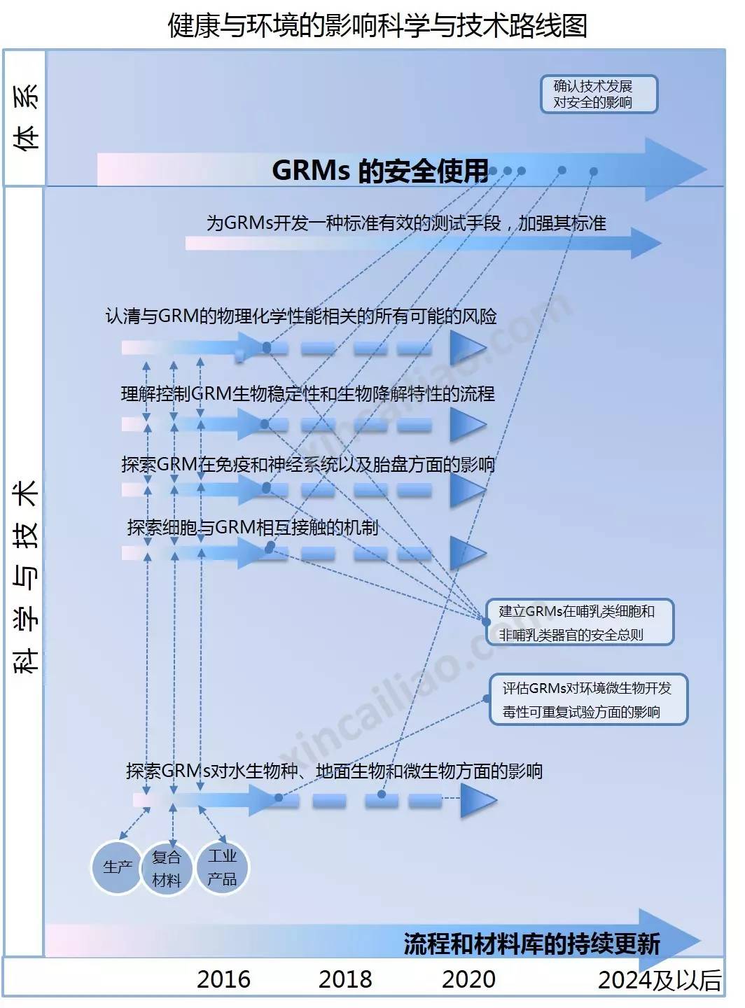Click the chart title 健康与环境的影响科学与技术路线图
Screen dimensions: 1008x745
pos(377,25)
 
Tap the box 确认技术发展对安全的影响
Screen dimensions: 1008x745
pos(598,94)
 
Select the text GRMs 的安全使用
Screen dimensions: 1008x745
pos(380,170)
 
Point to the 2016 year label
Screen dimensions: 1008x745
pos(223,979)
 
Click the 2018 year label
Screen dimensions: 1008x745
pos(344,979)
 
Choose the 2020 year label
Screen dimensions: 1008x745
pos(468,979)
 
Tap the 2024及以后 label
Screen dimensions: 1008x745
pos(659,980)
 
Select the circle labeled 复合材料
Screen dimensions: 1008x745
pos(167,869)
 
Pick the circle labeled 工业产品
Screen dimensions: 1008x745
pos(222,867)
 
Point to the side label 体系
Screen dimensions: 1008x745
pos(25,117)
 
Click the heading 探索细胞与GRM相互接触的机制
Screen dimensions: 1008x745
pos(252,527)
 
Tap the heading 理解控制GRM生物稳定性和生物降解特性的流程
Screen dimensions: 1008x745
pos(307,393)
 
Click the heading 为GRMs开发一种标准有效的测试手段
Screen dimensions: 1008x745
pos(405,223)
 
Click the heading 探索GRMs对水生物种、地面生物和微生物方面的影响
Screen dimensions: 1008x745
pos(334,771)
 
